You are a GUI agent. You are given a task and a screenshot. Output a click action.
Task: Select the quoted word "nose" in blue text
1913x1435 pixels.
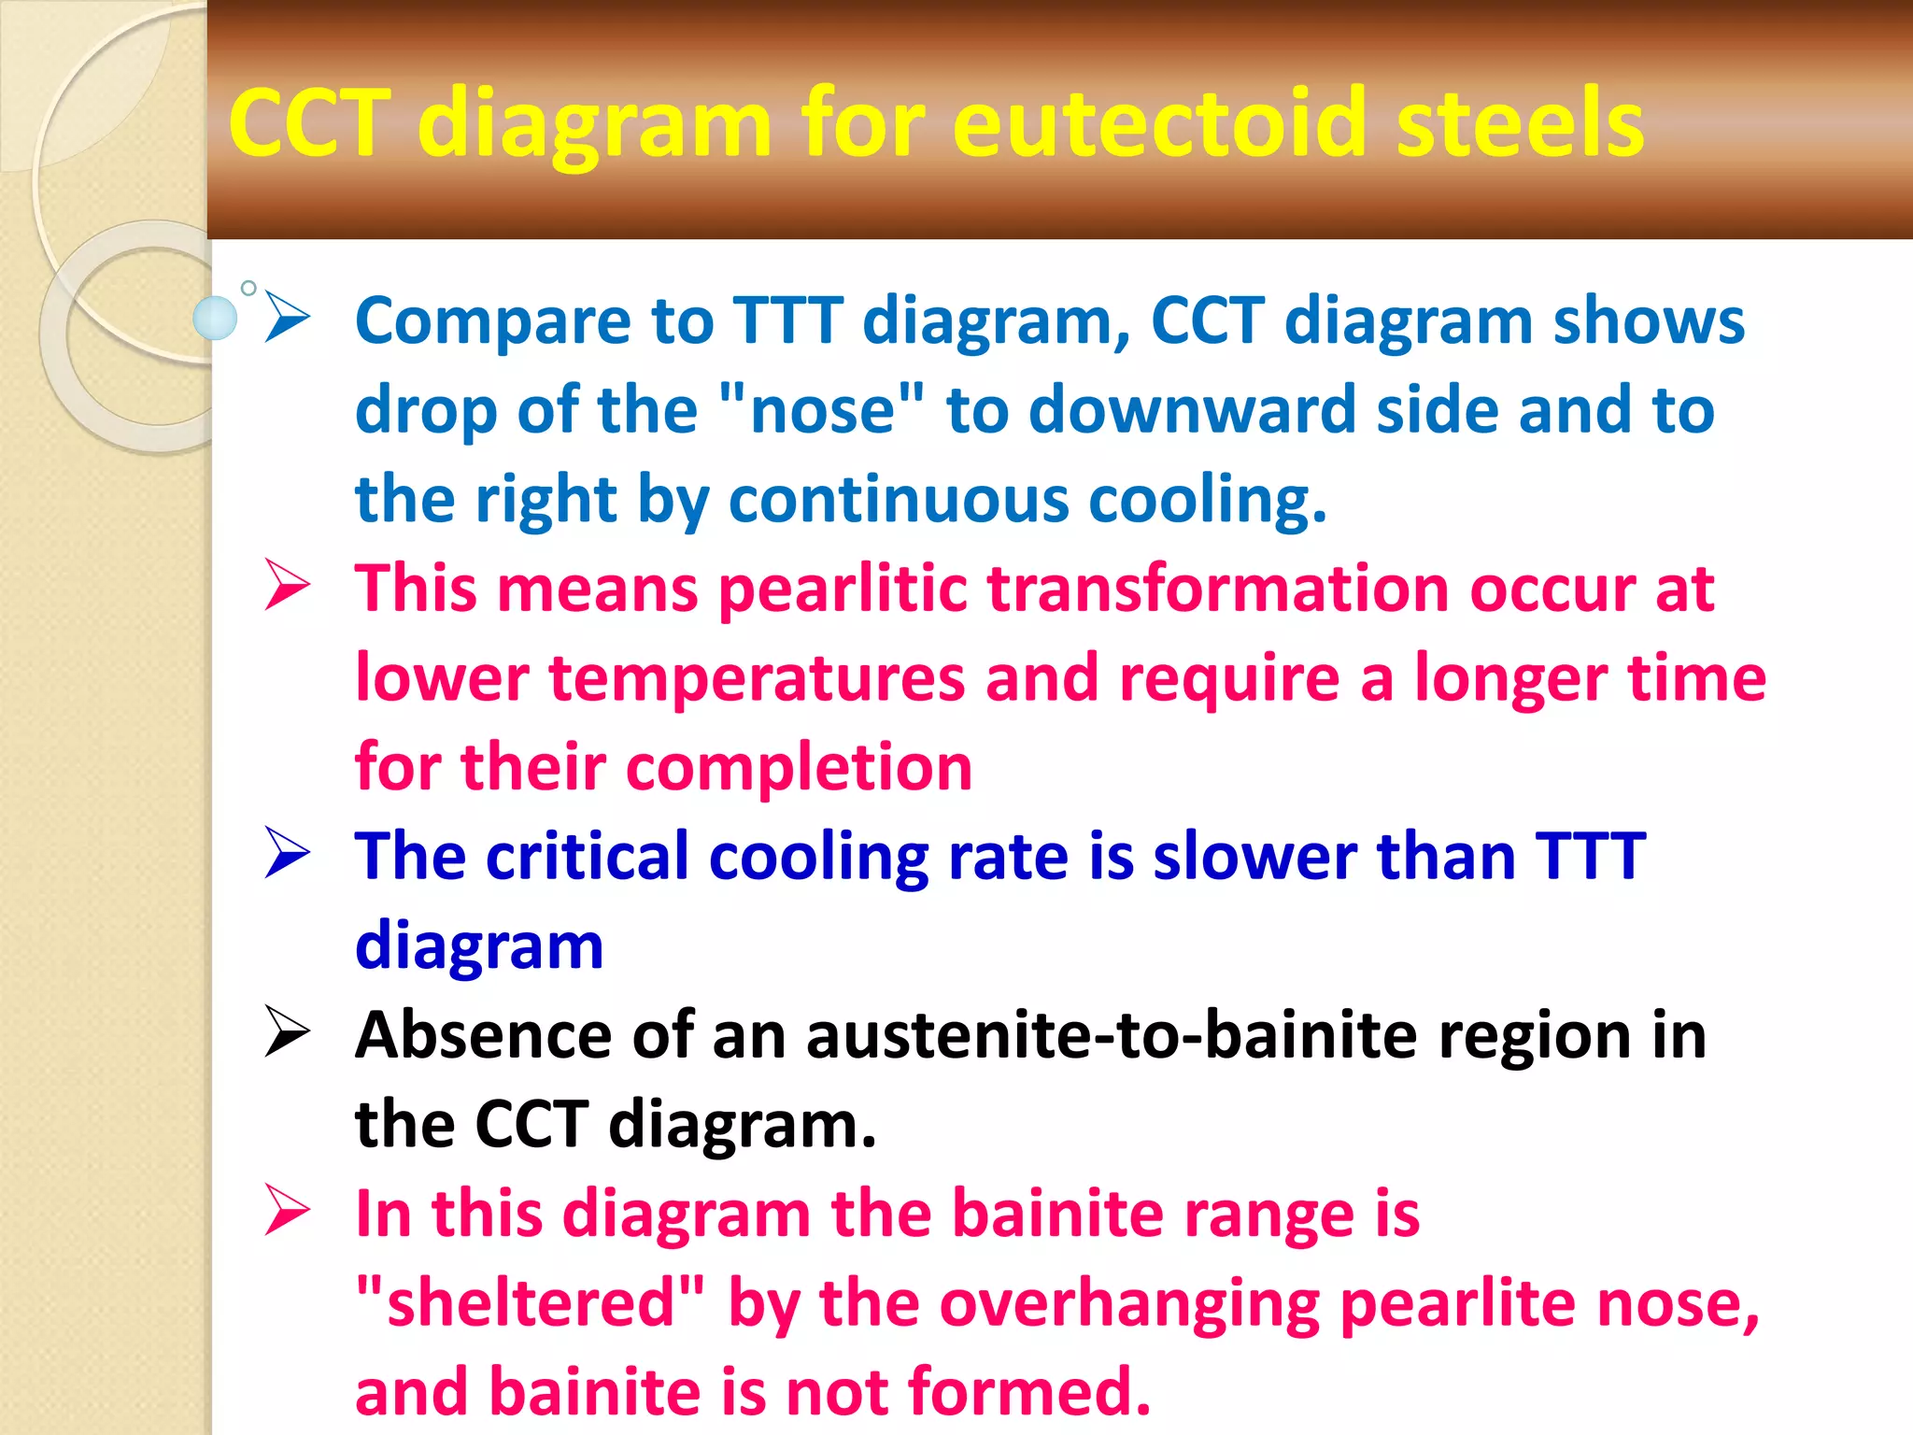pos(823,409)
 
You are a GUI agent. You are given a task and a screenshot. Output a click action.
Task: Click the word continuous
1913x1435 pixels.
pos(898,499)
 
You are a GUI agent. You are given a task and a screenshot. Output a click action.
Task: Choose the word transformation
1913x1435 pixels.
pos(1218,589)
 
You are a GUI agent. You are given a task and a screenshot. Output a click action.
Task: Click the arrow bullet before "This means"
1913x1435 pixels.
pos(287,585)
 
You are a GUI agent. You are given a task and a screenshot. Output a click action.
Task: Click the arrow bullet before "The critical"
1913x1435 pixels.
pos(287,852)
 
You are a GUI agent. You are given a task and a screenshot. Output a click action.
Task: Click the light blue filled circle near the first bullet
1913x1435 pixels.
pos(215,318)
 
